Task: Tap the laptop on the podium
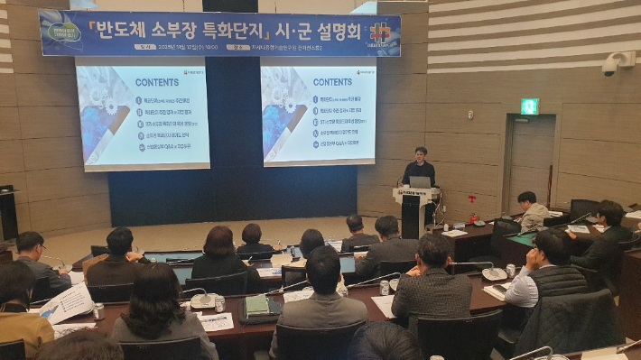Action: click(421, 182)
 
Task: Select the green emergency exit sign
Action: click(529, 106)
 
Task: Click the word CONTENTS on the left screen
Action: click(156, 82)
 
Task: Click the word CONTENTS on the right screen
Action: click(332, 81)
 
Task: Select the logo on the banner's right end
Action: click(380, 33)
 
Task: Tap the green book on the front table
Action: click(257, 305)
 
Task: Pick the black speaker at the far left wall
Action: click(8, 212)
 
